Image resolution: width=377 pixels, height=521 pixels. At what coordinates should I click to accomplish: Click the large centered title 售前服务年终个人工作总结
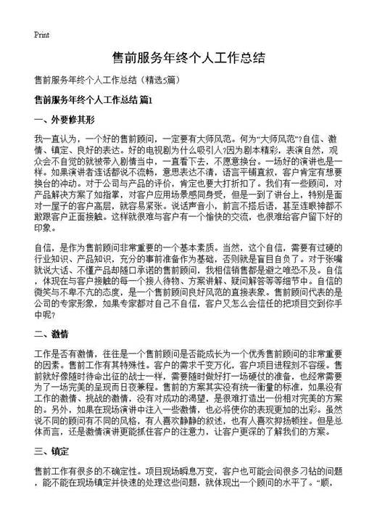click(188, 57)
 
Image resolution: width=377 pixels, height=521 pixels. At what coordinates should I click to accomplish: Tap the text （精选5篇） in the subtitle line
click(157, 78)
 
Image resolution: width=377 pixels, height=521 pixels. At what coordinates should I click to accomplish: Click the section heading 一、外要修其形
click(65, 118)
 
